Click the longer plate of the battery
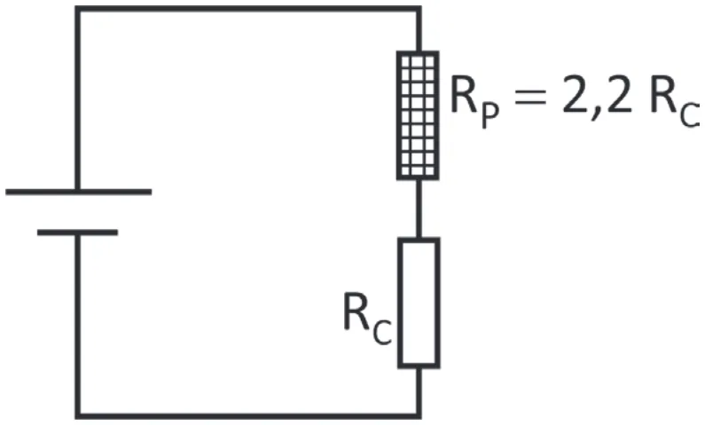(79, 192)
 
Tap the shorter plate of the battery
(77, 232)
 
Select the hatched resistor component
(418, 115)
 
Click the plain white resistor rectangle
(419, 303)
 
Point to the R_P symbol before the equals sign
(474, 102)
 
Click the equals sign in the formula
(530, 97)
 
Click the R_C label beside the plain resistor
(367, 319)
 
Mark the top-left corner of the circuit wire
(78, 9)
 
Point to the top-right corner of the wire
(419, 9)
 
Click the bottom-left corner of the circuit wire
(78, 416)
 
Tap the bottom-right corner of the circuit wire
(419, 416)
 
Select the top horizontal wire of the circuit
(248, 9)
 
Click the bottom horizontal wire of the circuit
(248, 416)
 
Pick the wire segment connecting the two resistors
(419, 209)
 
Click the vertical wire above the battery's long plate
(78, 99)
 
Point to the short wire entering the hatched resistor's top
(419, 29)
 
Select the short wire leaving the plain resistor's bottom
(419, 392)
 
